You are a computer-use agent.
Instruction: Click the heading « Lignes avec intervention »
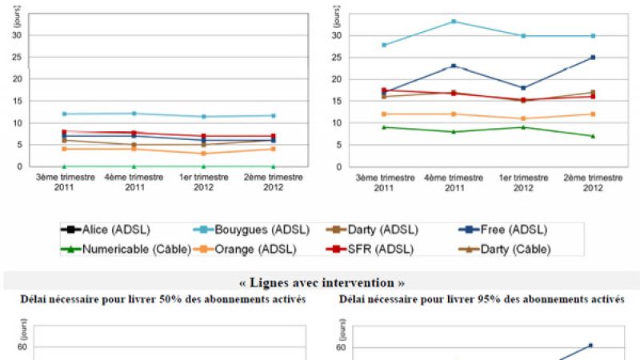coord(320,282)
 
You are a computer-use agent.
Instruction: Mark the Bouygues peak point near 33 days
coord(454,22)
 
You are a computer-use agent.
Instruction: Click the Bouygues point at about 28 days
coord(384,45)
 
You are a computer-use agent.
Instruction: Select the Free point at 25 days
coord(593,58)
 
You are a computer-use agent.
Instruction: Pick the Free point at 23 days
coord(454,66)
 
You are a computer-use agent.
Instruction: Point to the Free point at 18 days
coord(523,88)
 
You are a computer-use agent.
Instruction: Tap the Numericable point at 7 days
coord(593,136)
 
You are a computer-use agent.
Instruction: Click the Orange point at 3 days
coord(204,154)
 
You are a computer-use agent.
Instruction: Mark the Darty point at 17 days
coord(593,92)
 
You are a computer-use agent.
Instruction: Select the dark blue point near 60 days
coord(590,346)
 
